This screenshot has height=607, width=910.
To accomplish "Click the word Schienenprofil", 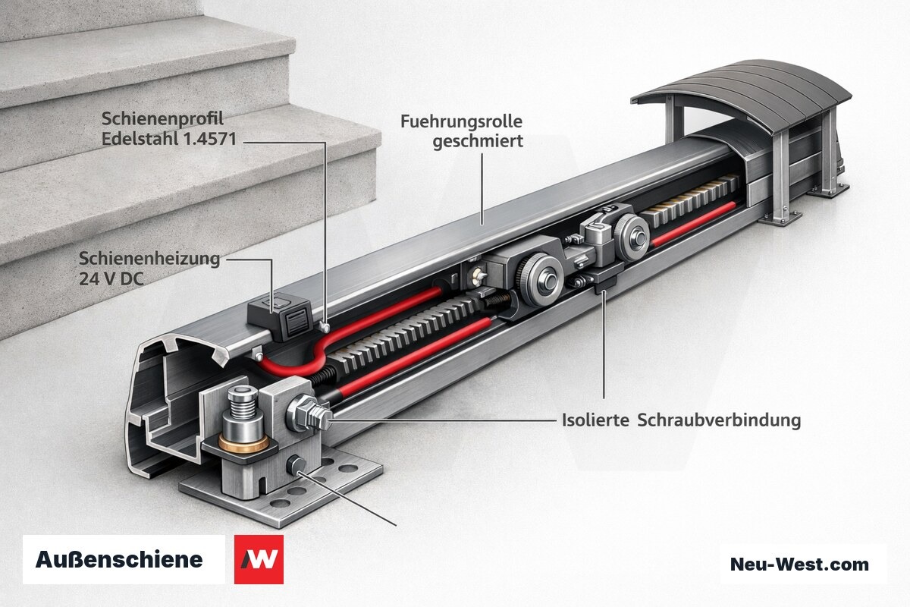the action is pyautogui.click(x=162, y=119).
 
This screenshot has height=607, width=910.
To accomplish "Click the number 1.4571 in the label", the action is pyautogui.click(x=209, y=139).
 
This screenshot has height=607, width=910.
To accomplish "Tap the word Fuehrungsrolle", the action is pyautogui.click(x=462, y=121).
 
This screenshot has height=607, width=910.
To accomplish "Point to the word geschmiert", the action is pyautogui.click(x=478, y=142).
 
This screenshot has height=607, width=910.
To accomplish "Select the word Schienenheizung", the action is pyautogui.click(x=149, y=259).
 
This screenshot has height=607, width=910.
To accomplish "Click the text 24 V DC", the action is pyautogui.click(x=111, y=279).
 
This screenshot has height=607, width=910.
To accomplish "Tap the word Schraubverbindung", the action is pyautogui.click(x=719, y=420).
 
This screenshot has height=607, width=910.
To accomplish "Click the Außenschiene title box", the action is pyautogui.click(x=124, y=559).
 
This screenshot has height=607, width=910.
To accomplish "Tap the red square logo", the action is pyautogui.click(x=259, y=559).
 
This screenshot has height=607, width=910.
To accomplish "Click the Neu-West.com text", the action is pyautogui.click(x=799, y=565).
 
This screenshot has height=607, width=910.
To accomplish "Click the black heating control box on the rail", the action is pyautogui.click(x=281, y=316).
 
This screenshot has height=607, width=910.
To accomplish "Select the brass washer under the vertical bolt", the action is pyautogui.click(x=243, y=444).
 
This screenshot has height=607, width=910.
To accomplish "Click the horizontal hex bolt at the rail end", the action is pyautogui.click(x=309, y=413).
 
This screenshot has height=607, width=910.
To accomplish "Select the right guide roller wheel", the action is pyautogui.click(x=632, y=237).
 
